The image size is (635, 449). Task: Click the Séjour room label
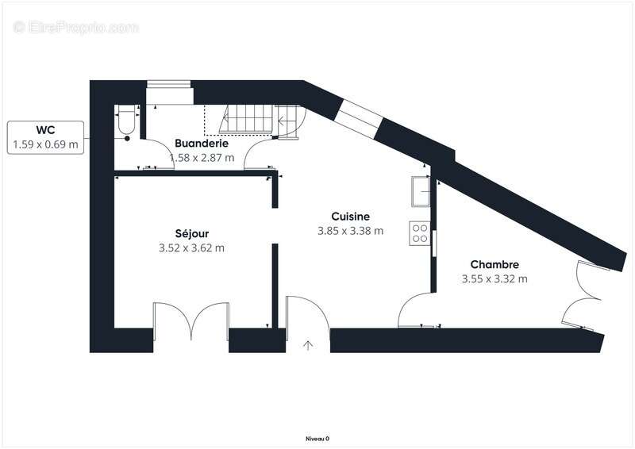pos(191,233)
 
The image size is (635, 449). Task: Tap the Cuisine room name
pos(350,216)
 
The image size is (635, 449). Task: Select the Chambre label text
pos(494,264)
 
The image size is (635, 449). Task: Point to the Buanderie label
pos(202,144)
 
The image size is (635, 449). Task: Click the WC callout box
pos(45,136)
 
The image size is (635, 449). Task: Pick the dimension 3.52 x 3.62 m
pos(191,248)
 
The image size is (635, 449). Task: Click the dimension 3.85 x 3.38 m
pos(350,231)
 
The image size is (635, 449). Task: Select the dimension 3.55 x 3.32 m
pos(494,278)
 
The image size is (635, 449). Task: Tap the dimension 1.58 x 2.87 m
pos(202,158)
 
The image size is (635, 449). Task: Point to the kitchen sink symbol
pos(419,191)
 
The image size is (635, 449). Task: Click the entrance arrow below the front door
pos(308,345)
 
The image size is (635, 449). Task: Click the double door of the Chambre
pos(583,294)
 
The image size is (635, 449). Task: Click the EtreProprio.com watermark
pos(76,27)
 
